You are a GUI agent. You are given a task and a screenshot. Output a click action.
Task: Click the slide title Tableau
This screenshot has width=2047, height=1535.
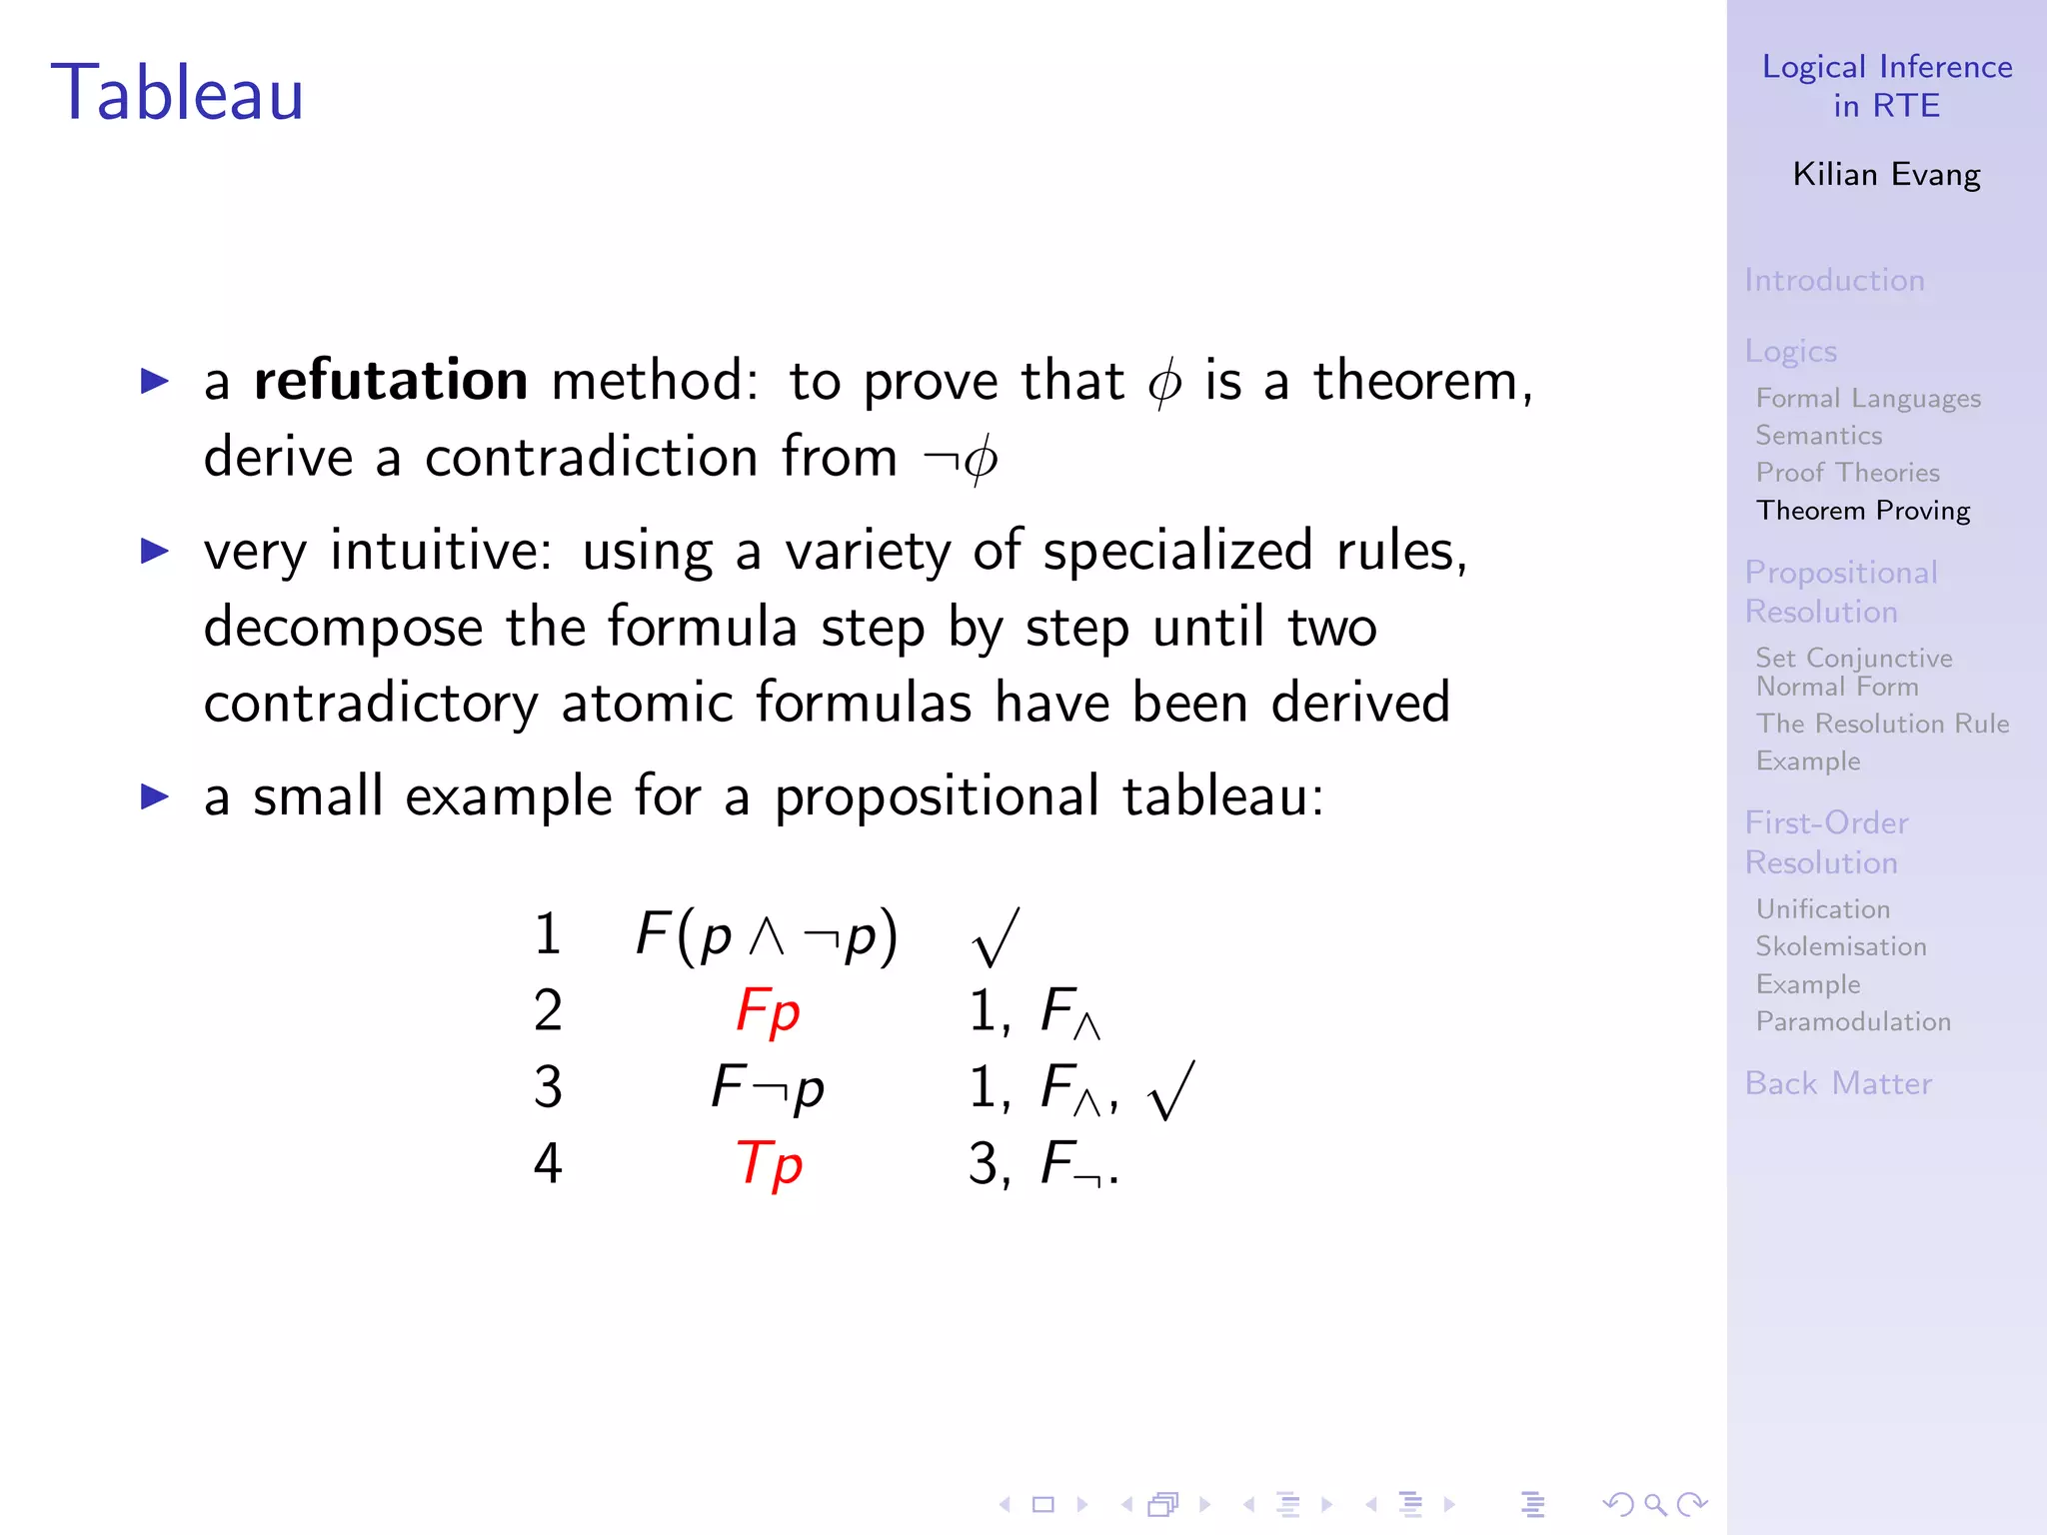177,93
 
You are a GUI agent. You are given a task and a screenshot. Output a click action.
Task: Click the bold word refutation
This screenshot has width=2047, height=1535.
391,381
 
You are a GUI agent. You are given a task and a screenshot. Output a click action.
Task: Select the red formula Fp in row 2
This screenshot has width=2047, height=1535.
768,1010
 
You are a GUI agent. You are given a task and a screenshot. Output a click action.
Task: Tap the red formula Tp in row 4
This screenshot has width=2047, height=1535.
769,1163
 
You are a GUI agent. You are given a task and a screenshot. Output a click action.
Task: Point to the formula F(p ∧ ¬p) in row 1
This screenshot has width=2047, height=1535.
767,935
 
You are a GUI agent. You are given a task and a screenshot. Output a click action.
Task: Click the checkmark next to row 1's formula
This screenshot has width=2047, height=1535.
996,937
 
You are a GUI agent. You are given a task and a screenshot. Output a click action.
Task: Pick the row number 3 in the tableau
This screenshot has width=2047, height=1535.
548,1087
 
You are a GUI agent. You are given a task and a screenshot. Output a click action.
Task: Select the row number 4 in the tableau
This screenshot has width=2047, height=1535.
548,1163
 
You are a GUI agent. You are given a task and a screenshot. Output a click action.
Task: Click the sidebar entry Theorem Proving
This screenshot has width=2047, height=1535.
1863,511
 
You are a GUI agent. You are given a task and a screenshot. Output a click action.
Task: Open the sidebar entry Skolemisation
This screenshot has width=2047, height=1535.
1841,946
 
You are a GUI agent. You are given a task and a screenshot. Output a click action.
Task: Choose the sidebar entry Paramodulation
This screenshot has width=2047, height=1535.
1853,1021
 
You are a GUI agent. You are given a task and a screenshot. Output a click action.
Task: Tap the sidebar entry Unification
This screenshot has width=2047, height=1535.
1823,909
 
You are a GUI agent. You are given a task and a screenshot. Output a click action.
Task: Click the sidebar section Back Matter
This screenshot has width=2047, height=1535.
1838,1083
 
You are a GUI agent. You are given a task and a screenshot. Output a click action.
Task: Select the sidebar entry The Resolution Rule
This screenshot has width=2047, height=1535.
1882,724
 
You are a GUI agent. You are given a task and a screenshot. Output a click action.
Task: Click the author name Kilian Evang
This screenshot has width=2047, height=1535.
1886,175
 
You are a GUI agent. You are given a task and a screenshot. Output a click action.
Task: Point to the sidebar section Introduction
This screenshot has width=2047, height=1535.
1834,280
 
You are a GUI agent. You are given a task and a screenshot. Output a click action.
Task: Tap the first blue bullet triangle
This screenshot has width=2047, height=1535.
155,381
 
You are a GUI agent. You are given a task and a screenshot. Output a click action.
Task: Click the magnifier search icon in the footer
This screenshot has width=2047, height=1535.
1655,1504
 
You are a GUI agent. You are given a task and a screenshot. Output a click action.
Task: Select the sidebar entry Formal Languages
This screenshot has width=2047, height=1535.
1868,399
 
